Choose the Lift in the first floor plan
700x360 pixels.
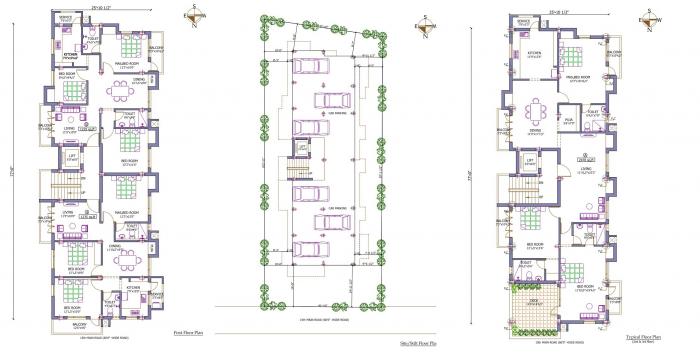(72, 157)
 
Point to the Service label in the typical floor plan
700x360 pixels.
(522, 20)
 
